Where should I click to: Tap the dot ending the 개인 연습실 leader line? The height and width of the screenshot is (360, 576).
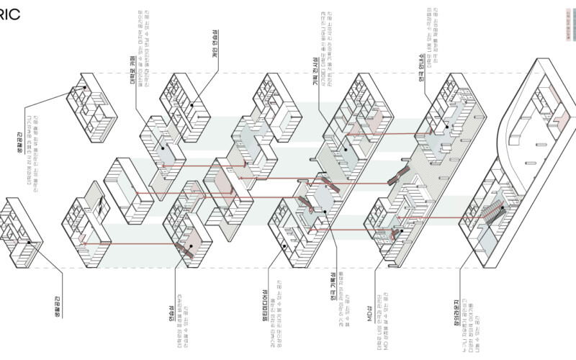[x=192, y=105]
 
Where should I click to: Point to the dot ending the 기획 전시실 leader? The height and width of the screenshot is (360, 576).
[x=346, y=149]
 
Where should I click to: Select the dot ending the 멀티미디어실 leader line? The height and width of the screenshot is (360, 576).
[x=285, y=246]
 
